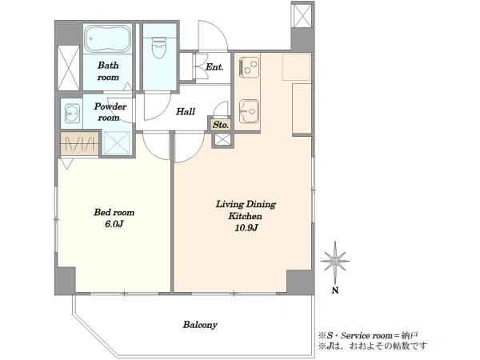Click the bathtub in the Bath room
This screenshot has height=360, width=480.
[107, 39]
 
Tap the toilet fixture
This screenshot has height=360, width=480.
[159, 48]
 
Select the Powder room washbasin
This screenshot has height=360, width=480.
[72, 114]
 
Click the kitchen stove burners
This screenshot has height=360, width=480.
[249, 66]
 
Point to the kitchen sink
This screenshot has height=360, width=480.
[249, 111]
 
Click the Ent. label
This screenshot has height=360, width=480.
[214, 66]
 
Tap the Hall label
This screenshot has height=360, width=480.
[186, 111]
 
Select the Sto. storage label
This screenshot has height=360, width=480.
[221, 125]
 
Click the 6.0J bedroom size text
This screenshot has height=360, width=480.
[114, 224]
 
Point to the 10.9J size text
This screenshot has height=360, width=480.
[246, 228]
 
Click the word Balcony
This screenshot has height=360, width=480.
[200, 325]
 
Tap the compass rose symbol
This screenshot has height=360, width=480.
[335, 261]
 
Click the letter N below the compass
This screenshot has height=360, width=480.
[335, 290]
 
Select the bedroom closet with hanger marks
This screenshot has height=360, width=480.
[79, 143]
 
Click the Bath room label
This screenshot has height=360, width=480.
[108, 71]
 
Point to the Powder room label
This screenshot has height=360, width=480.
[110, 112]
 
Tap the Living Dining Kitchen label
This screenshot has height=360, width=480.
[246, 210]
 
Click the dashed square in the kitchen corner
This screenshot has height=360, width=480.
[296, 66]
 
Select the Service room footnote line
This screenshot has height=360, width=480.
[368, 335]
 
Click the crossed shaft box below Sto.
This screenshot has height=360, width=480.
[222, 140]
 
